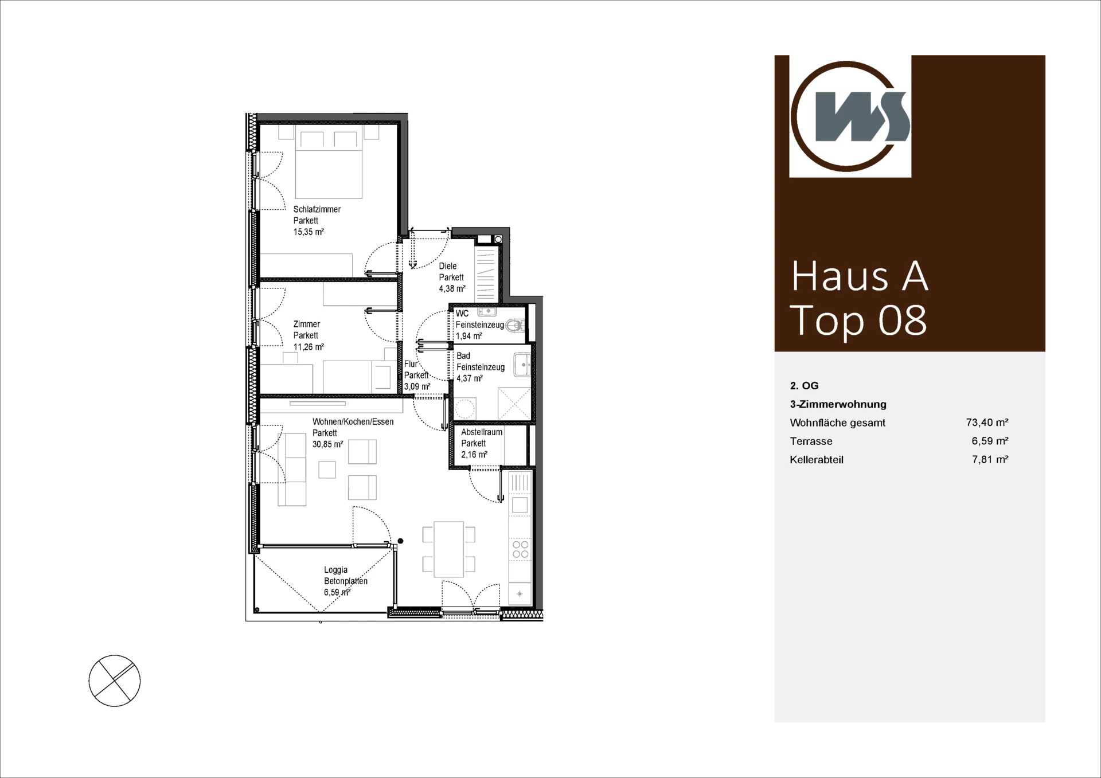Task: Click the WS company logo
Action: point(850,116)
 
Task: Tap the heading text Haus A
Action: point(859,276)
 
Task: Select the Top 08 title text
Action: point(858,320)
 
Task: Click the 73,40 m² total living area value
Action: point(987,423)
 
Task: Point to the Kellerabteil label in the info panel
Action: point(817,460)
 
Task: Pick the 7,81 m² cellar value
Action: point(990,459)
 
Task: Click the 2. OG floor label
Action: point(804,386)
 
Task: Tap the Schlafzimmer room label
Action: point(317,209)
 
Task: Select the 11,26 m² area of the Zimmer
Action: point(309,347)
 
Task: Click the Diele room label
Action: point(448,266)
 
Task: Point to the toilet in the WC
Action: point(516,326)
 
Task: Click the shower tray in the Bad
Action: point(514,404)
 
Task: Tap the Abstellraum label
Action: point(482,432)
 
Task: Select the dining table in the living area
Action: point(448,549)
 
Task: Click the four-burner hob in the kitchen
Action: point(521,549)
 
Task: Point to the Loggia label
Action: point(335,570)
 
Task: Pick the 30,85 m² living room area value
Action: point(328,444)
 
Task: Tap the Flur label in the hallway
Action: point(411,364)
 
